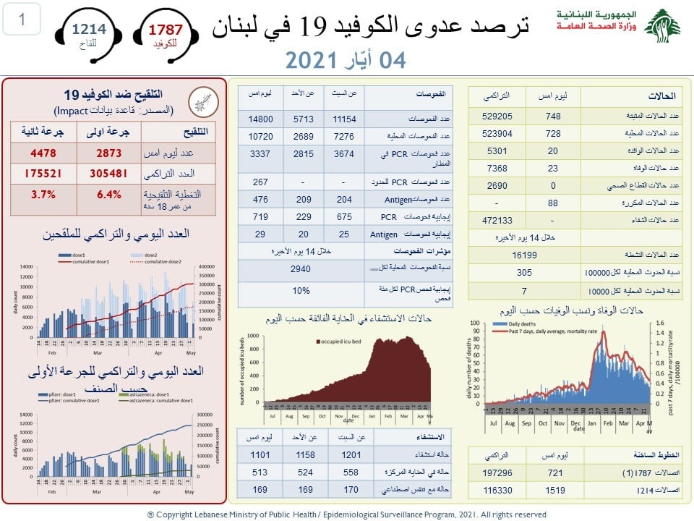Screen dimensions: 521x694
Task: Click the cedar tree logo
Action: pos(661,26)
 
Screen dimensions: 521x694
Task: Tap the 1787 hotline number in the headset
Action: pos(166,29)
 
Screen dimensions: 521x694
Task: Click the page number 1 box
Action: pos(21,20)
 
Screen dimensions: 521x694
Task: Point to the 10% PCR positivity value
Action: pos(301,291)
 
